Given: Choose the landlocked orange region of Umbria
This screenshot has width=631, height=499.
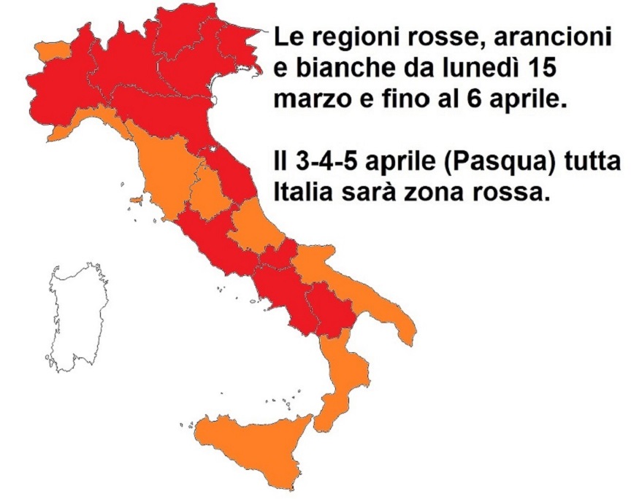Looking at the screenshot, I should click(x=207, y=193).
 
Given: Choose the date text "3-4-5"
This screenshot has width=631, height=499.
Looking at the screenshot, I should click(x=324, y=163).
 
